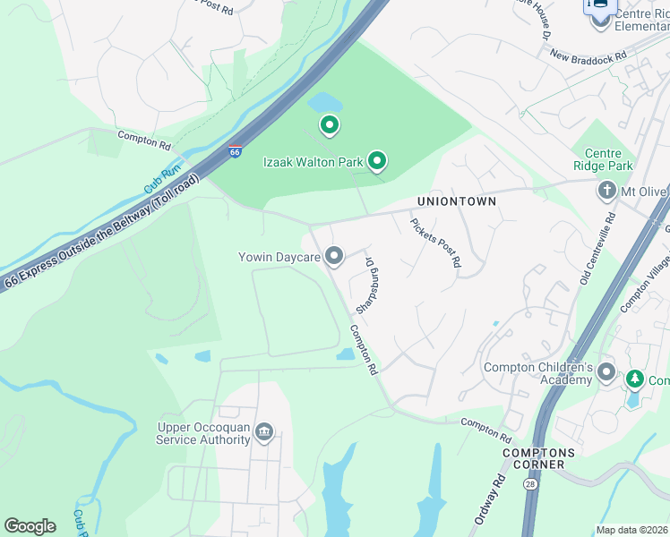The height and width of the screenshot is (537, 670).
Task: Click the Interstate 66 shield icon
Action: (235, 151)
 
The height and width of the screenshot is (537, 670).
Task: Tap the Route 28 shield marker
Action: (531, 484)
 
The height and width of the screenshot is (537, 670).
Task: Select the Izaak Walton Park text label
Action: (313, 162)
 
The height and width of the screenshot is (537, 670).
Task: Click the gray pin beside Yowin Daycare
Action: (334, 257)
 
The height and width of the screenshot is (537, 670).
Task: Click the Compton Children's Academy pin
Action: (606, 371)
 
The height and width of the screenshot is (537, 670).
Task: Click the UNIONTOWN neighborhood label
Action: (456, 201)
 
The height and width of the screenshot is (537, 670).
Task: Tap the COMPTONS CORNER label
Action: (533, 459)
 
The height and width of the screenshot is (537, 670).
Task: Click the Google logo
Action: (30, 526)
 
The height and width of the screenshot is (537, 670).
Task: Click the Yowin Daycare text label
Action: (279, 258)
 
